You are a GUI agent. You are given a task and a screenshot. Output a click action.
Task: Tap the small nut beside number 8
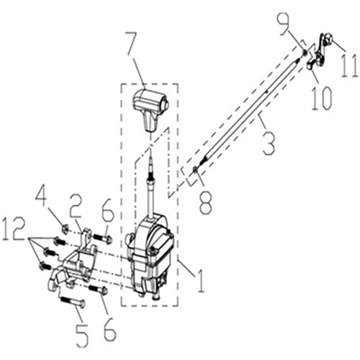(196, 170)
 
